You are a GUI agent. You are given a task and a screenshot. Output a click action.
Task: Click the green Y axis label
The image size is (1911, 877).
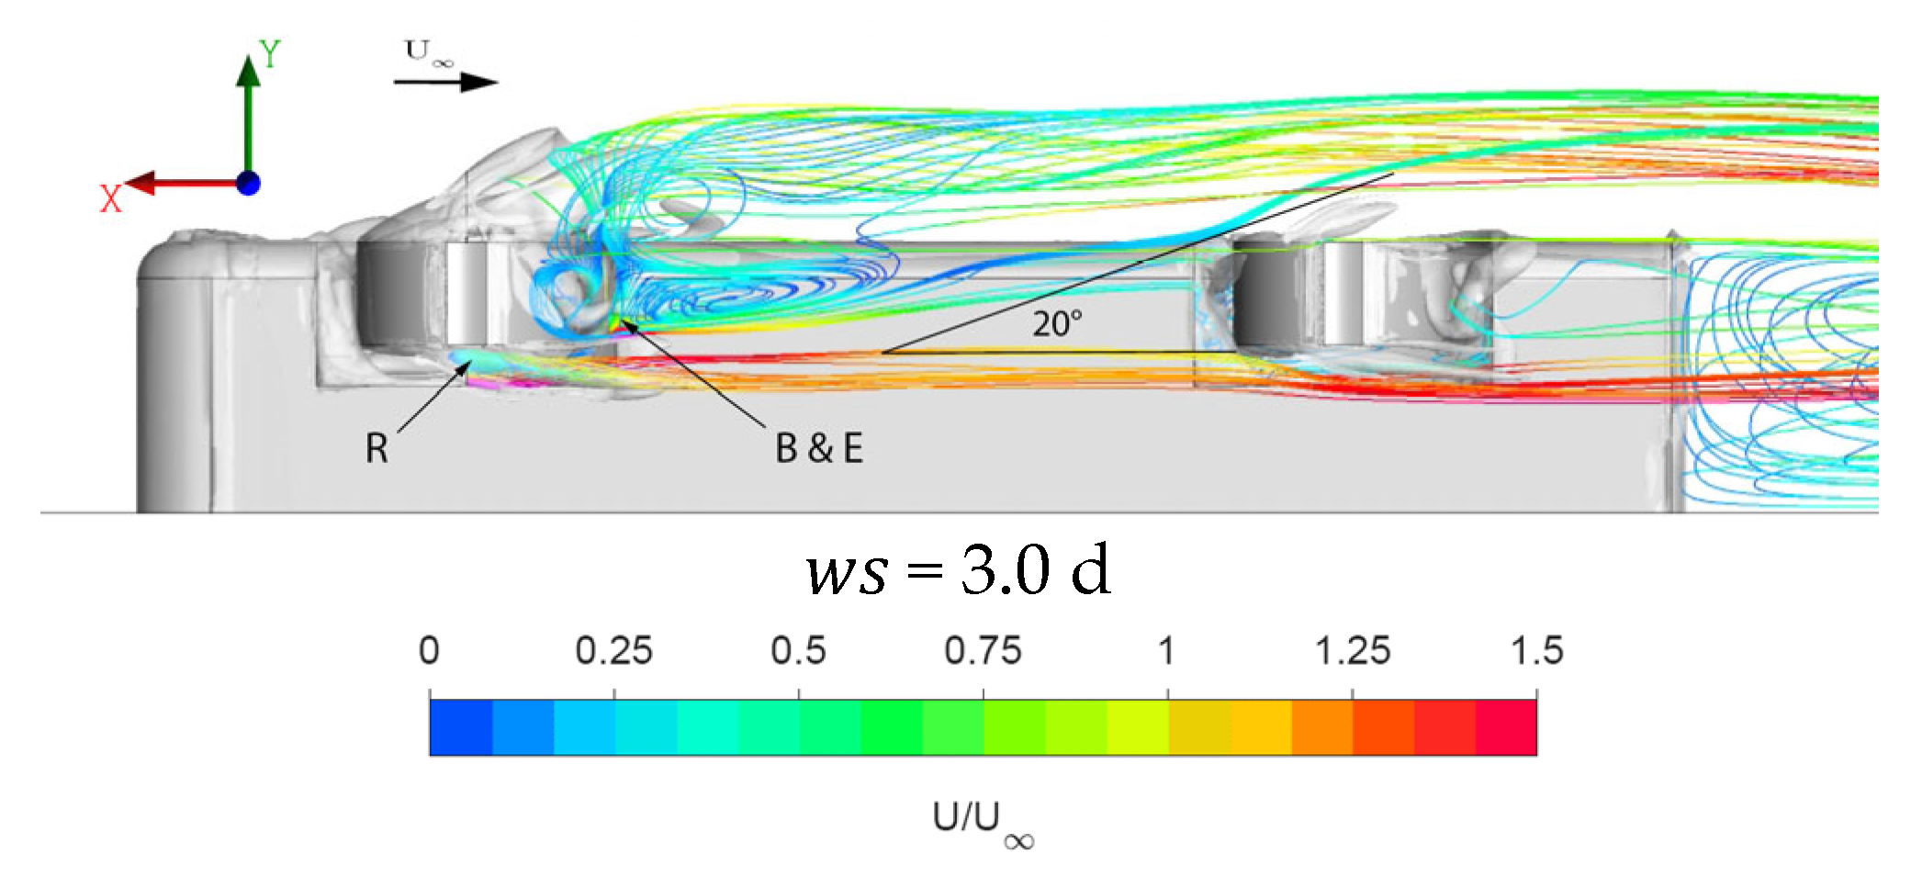(x=270, y=54)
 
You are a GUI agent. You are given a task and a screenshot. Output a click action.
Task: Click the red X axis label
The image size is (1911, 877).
(x=110, y=198)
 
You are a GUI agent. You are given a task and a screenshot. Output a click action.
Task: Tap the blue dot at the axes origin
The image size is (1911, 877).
(x=248, y=183)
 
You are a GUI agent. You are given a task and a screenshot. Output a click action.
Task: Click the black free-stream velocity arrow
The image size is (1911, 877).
(x=445, y=82)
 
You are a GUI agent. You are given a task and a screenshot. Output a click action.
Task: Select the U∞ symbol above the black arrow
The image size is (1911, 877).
(x=428, y=52)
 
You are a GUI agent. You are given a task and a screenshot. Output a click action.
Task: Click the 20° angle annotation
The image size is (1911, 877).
(x=1057, y=324)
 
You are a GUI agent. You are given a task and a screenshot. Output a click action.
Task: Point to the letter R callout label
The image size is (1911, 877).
(x=377, y=448)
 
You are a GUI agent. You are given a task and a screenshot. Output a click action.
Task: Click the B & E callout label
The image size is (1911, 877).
(x=819, y=448)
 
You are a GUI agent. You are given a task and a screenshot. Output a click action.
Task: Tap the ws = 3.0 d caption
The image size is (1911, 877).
(x=958, y=570)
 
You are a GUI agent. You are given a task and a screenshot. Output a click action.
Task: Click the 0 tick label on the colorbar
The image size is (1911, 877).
(x=429, y=650)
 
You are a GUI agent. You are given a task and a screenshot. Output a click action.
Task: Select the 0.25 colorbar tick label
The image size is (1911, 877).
(x=613, y=650)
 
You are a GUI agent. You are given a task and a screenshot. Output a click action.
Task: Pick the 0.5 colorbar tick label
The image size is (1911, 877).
(x=798, y=650)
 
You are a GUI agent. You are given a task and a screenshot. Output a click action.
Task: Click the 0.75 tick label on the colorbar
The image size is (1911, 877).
(x=983, y=650)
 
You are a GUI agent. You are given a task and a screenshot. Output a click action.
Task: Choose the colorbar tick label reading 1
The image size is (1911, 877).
(x=1166, y=650)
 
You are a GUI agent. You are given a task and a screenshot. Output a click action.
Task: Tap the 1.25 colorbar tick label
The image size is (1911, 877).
(x=1352, y=650)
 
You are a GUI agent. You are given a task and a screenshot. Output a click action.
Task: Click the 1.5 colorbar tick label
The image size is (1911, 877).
(x=1536, y=650)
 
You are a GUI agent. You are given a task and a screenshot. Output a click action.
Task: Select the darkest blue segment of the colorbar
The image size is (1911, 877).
(x=461, y=727)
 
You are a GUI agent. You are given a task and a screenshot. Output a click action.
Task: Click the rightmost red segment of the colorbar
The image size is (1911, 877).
(x=1506, y=727)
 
